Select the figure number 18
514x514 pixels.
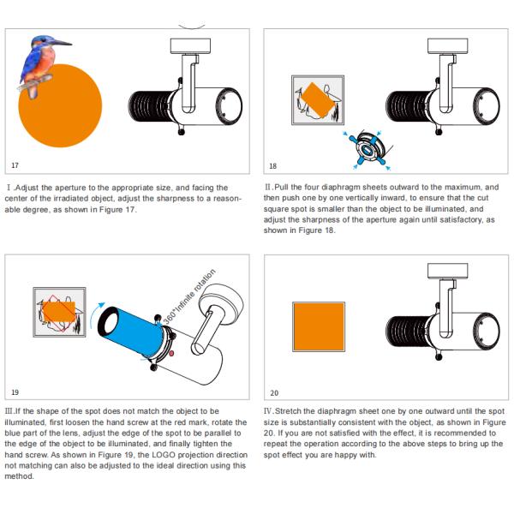pyautogui.click(x=272, y=165)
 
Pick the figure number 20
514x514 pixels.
pyautogui.click(x=273, y=392)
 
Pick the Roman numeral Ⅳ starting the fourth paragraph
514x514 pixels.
pyautogui.click(x=268, y=414)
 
